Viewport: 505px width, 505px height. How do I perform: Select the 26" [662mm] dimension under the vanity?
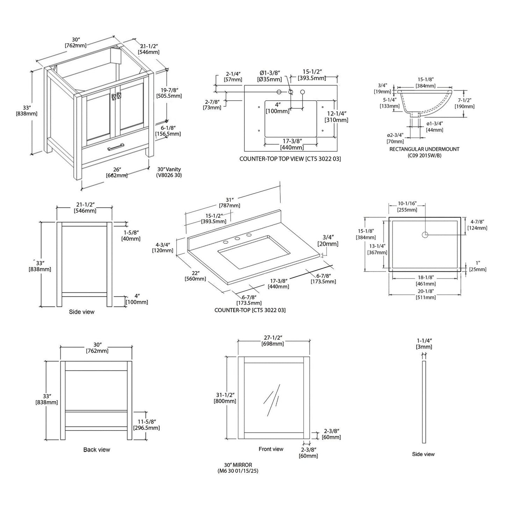click(x=116, y=172)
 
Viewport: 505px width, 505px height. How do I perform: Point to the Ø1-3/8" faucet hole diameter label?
click(x=270, y=76)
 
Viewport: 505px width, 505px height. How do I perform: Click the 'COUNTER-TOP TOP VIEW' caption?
click(x=290, y=159)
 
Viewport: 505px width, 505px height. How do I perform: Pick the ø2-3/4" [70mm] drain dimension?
click(x=395, y=138)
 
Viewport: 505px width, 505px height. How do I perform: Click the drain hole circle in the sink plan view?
click(x=425, y=235)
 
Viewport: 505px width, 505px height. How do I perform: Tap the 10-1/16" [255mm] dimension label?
click(x=407, y=207)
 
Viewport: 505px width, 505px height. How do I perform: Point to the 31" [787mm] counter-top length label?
click(x=229, y=202)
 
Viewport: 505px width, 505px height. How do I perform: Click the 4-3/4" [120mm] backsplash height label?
click(x=163, y=247)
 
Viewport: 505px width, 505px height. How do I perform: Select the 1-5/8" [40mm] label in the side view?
click(x=130, y=235)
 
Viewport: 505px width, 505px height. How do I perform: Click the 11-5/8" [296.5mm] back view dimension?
click(x=146, y=424)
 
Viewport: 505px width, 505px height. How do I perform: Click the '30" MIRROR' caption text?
click(x=238, y=468)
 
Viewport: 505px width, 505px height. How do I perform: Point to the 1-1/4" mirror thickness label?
click(x=424, y=344)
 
